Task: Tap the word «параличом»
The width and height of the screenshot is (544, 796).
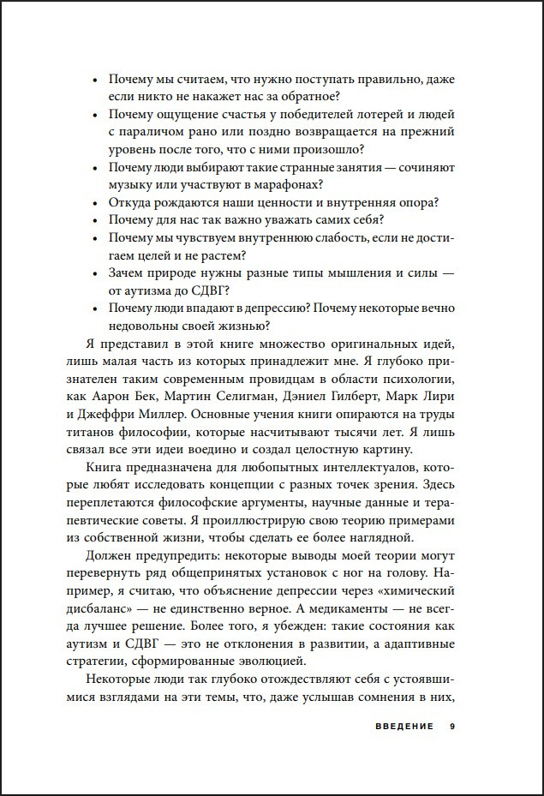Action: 149,132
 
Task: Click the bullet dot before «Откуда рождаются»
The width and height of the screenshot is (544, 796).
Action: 93,204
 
